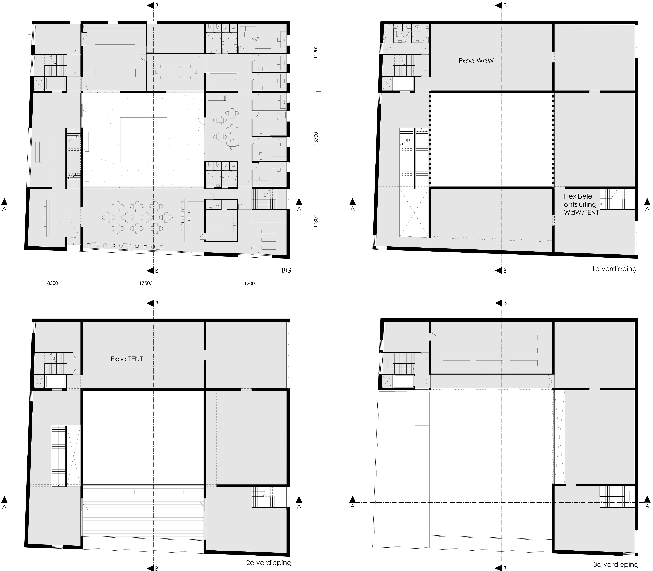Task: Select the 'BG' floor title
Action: click(287, 270)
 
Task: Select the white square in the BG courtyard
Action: click(144, 140)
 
